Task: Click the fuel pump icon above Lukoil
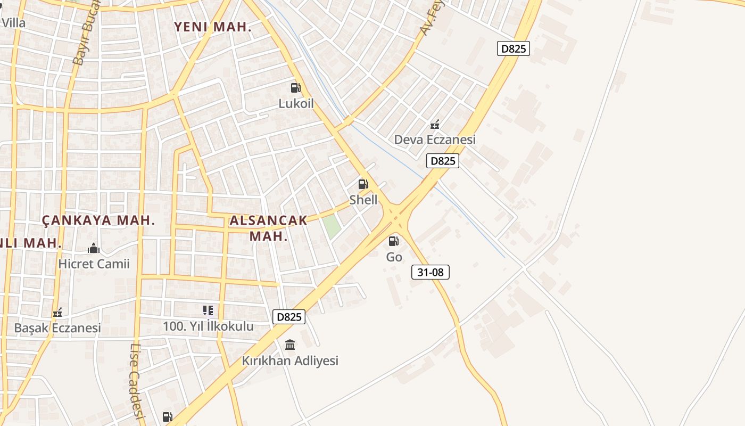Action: pyautogui.click(x=295, y=88)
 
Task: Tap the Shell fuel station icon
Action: pyautogui.click(x=363, y=185)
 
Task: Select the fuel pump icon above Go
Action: pyautogui.click(x=394, y=241)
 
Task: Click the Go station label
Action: pyautogui.click(x=394, y=257)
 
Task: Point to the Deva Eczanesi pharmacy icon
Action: pyautogui.click(x=435, y=125)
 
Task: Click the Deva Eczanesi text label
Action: pyautogui.click(x=435, y=140)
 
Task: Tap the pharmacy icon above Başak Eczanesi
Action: pyautogui.click(x=57, y=313)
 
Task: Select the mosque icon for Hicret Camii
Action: pyautogui.click(x=94, y=248)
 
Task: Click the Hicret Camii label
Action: pyautogui.click(x=94, y=264)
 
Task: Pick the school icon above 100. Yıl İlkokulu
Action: pyautogui.click(x=208, y=310)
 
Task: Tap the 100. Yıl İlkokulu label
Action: pyautogui.click(x=208, y=326)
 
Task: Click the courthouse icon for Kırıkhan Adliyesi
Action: pyautogui.click(x=290, y=345)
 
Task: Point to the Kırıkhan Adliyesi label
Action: pyautogui.click(x=290, y=361)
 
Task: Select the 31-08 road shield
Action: pyautogui.click(x=431, y=272)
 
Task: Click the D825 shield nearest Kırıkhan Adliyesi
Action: pyautogui.click(x=289, y=317)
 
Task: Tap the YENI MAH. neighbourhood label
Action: pyautogui.click(x=213, y=27)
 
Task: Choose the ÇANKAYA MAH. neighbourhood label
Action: pyautogui.click(x=98, y=220)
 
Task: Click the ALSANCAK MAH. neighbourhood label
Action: pyautogui.click(x=269, y=228)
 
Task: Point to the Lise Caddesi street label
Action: pyautogui.click(x=137, y=380)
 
